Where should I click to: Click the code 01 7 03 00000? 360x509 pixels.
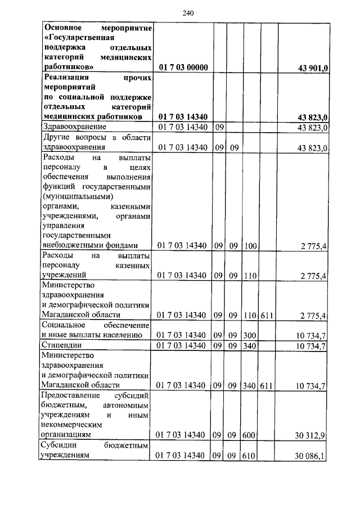(x=183, y=67)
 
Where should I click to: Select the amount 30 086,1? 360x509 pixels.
(x=311, y=456)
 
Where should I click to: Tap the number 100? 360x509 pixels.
(x=249, y=245)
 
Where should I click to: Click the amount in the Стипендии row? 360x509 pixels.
(x=311, y=346)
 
